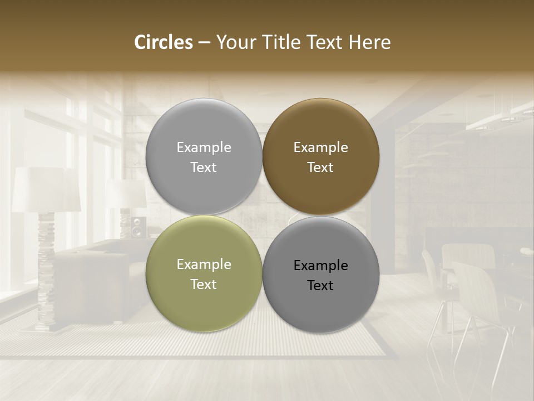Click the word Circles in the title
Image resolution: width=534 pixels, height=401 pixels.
(163, 42)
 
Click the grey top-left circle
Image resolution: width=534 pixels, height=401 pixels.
(204, 128)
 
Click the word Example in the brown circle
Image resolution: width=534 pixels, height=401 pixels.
(320, 148)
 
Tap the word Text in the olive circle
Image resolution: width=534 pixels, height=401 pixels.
(204, 285)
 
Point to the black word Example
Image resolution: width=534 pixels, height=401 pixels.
(320, 266)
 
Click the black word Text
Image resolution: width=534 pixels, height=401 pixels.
(320, 286)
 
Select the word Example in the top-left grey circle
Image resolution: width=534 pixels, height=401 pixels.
(204, 148)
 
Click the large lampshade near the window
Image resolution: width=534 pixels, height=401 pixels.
(46, 189)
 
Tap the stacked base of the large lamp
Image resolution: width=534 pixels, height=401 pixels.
(46, 273)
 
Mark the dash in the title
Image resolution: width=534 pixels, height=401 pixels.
(204, 42)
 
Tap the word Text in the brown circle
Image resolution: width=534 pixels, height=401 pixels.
(320, 168)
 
